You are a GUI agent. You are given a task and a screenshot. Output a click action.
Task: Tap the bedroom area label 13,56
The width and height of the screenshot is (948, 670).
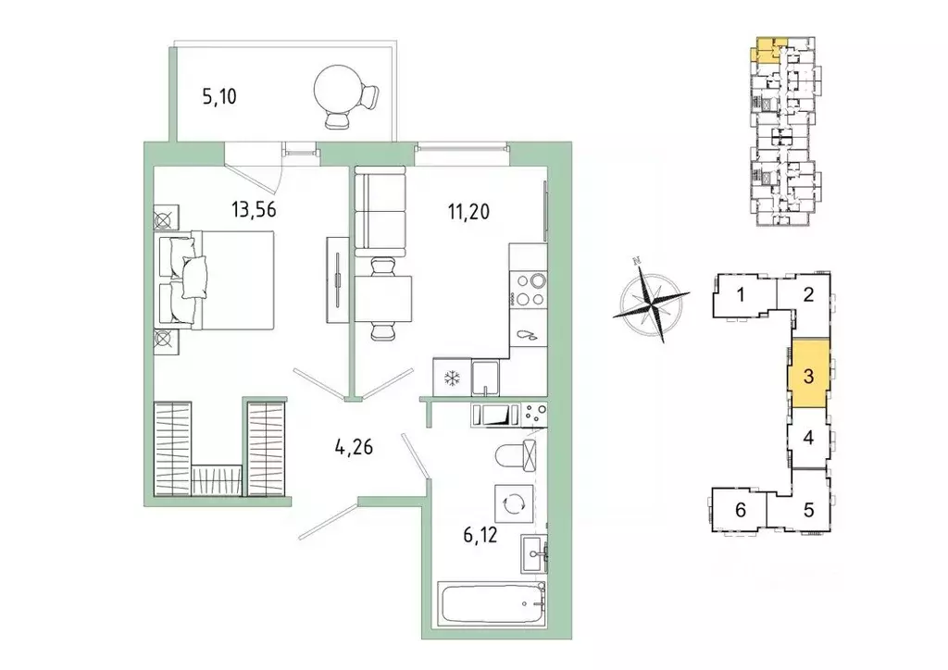[x=255, y=209]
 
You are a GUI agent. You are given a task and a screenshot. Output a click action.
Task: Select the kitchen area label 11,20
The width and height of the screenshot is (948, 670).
[x=468, y=211]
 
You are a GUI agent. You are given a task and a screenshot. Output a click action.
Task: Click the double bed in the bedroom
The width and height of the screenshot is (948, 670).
[x=218, y=279]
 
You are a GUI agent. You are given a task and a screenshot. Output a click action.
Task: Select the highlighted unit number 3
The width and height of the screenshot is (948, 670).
[x=808, y=377]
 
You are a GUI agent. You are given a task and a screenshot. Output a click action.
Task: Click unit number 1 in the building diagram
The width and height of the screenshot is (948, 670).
[x=742, y=296]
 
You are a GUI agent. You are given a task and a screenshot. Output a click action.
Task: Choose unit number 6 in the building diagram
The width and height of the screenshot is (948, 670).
[x=740, y=508]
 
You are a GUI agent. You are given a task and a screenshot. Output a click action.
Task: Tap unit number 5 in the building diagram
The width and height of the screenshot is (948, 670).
[x=808, y=508]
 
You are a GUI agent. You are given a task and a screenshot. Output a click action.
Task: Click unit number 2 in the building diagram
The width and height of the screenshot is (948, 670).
[x=807, y=296]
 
